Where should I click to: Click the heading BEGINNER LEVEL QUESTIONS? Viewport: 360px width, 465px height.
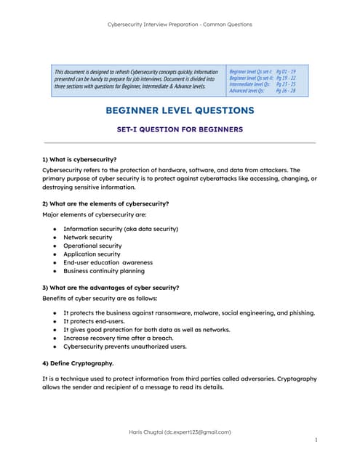(x=180, y=110)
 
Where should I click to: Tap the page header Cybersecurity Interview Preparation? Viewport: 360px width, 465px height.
(x=180, y=24)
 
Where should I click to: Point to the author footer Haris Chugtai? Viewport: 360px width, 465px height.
(x=180, y=432)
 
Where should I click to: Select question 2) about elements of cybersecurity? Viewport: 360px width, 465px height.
(x=105, y=203)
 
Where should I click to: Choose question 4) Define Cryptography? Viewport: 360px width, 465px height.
(x=78, y=363)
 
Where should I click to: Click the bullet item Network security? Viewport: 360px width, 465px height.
(x=87, y=238)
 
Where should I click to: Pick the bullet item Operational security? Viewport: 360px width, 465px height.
(x=92, y=246)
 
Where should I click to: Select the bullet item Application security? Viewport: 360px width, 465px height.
(x=92, y=254)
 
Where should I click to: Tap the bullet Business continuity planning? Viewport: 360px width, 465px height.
(x=104, y=271)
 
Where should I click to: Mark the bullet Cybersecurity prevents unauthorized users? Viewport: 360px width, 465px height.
(x=124, y=347)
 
